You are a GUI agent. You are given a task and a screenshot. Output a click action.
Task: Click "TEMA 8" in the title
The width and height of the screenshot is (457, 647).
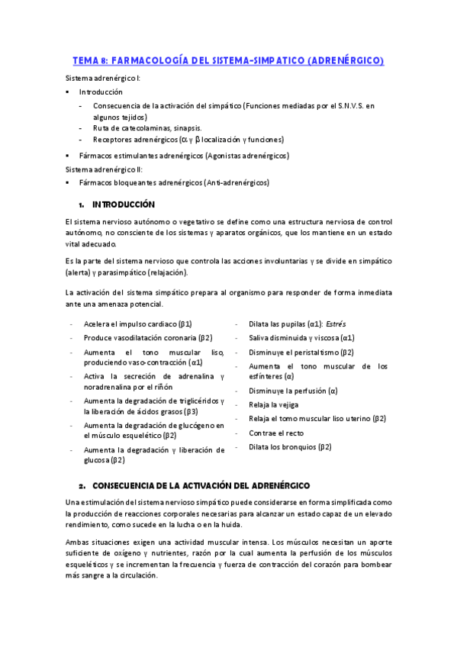(x=90, y=60)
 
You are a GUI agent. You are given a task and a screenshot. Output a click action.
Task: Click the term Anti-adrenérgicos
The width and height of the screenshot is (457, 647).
(x=236, y=182)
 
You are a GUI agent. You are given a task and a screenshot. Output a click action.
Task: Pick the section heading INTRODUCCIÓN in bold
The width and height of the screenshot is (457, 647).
(x=124, y=204)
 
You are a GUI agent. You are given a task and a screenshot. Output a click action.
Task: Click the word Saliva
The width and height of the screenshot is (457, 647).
(x=260, y=337)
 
